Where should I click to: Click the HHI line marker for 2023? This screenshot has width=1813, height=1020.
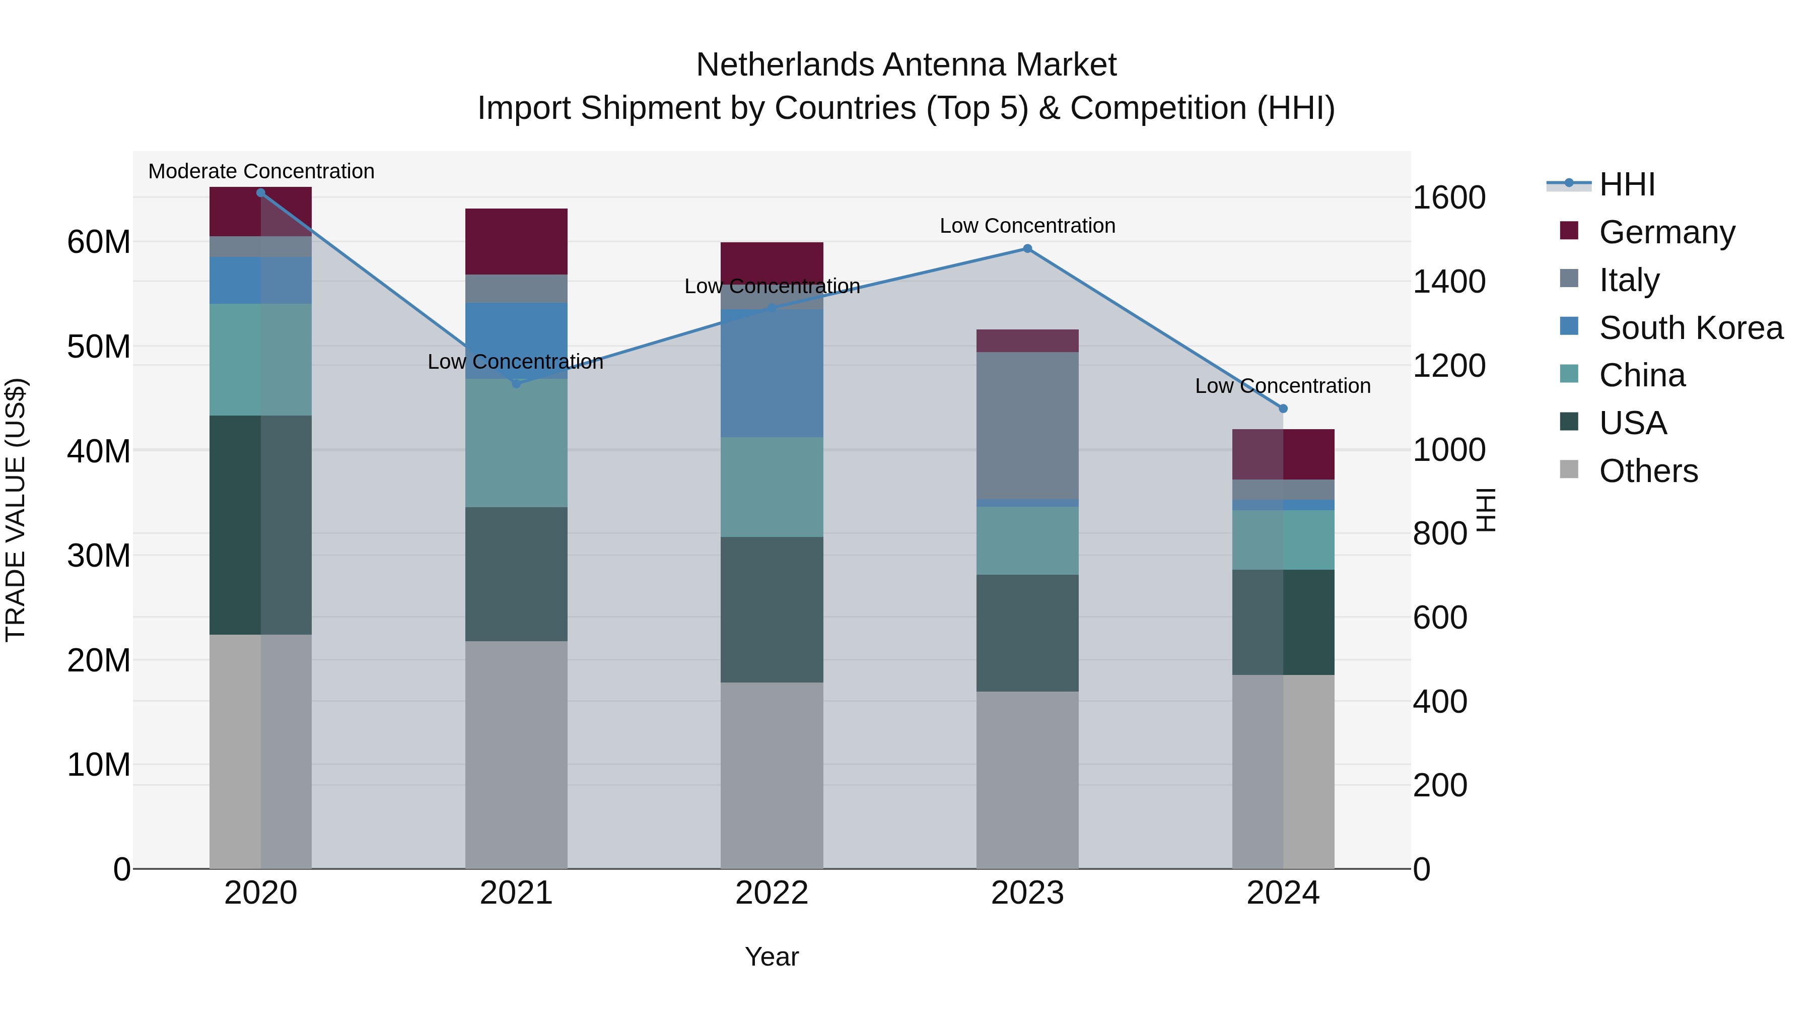coord(1027,248)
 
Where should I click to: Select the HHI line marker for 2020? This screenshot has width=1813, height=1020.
coord(260,193)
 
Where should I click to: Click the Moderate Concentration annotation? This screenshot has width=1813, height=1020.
coord(261,171)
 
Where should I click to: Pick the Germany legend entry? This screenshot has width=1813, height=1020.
coord(1666,232)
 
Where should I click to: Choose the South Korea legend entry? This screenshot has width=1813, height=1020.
coord(1691,328)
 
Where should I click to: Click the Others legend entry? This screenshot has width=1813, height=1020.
coord(1648,471)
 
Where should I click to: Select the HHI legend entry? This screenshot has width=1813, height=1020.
coord(1627,184)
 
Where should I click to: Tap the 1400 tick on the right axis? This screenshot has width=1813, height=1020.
coord(1449,282)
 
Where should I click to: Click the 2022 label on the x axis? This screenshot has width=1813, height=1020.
coord(772,893)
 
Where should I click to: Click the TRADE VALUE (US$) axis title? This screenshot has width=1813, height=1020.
coord(16,510)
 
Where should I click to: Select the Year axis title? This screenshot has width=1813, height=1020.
coord(772,957)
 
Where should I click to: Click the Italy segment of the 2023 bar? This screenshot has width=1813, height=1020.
coord(1027,425)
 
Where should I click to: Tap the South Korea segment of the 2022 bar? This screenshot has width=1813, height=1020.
coord(772,373)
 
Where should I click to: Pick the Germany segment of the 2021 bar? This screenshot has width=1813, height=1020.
coord(516,241)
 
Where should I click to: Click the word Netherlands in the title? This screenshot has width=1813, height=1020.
coord(785,65)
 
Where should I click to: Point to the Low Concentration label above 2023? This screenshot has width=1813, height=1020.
coord(1027,226)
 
